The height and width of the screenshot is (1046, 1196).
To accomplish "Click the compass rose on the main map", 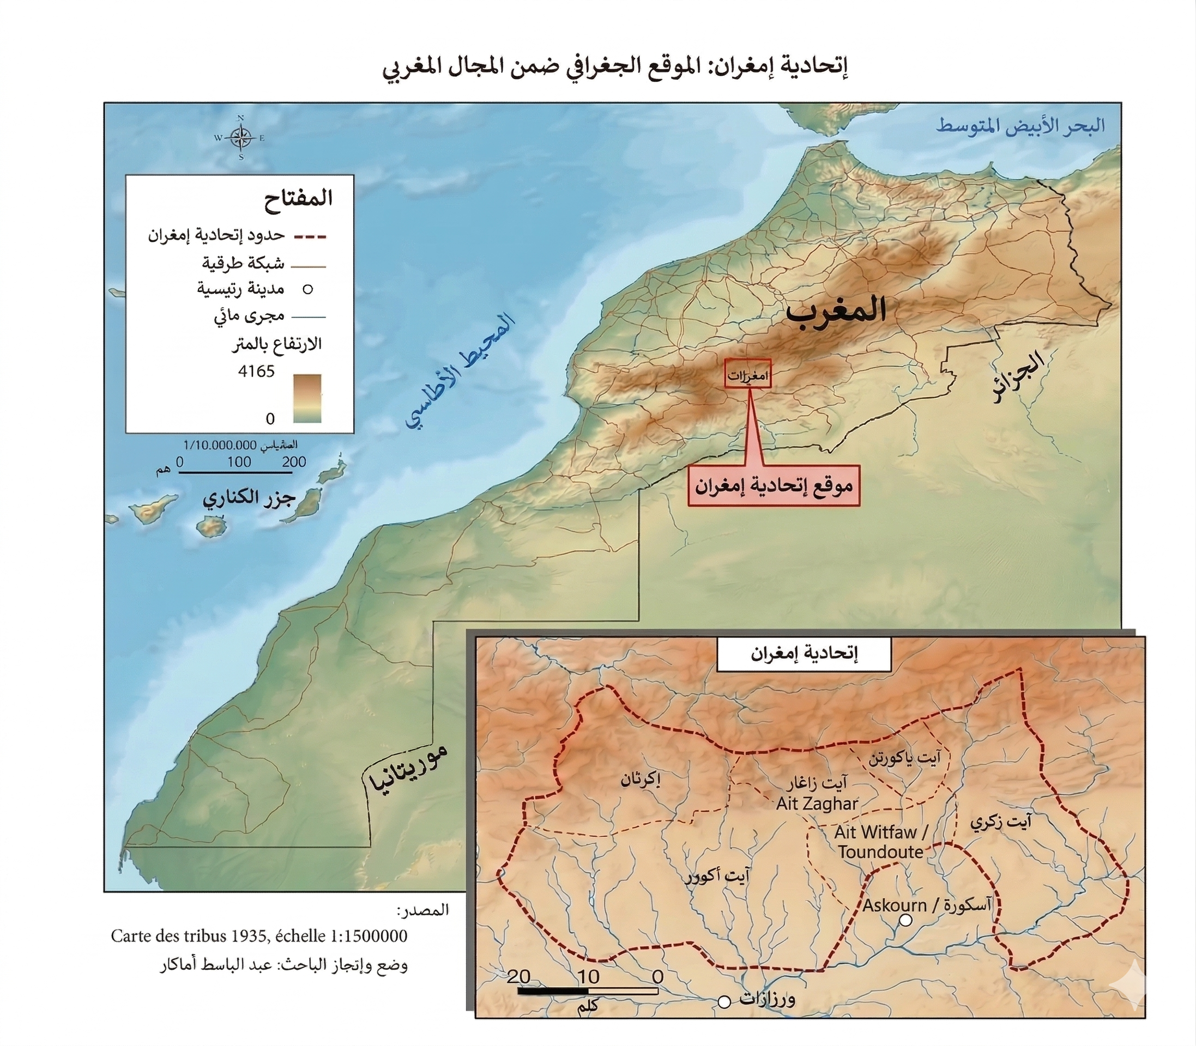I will click(240, 138).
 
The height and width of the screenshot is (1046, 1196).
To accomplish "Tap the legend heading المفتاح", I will click(298, 198).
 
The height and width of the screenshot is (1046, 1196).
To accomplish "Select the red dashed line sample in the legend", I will click(309, 236).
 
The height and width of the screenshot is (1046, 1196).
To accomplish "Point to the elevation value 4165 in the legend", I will click(256, 371).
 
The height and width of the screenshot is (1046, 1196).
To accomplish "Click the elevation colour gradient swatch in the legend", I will click(308, 398).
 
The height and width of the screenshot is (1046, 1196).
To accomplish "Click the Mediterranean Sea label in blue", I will click(1020, 126).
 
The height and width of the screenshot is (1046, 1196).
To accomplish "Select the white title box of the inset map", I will click(804, 654).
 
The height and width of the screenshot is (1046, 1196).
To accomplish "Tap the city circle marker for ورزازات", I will click(724, 1002).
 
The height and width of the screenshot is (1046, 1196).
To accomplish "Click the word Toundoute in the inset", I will click(881, 852).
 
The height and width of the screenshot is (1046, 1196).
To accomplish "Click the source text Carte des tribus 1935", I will click(259, 936).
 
